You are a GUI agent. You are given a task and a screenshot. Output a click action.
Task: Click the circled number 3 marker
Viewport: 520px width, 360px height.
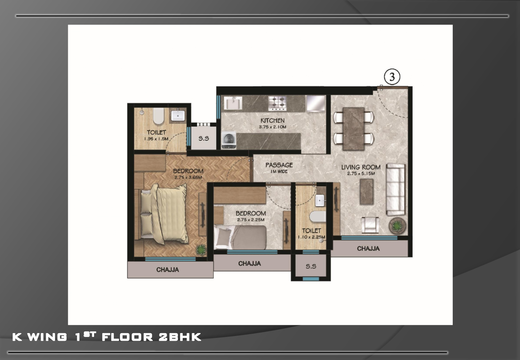coord(392,77)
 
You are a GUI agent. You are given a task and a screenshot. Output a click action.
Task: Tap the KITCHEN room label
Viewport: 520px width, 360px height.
coord(272,120)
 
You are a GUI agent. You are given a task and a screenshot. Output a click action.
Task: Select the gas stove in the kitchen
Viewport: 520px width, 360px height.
coord(277,103)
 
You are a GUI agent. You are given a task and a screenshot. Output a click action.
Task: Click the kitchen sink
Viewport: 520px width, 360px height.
coord(233,103)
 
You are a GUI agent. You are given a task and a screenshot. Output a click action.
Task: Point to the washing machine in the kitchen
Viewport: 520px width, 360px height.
coord(228,140)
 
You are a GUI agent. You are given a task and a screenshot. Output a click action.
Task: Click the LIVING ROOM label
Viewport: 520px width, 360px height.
coord(361,167)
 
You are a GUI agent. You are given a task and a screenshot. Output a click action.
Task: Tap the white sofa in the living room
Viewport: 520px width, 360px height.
coord(396,189)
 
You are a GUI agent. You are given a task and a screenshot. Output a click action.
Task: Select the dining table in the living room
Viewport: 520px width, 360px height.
coord(353,129)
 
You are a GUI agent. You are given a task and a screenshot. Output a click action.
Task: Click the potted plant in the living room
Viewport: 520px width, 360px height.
coord(398,225)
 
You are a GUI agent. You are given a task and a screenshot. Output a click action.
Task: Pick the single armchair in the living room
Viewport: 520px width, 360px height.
coord(370,225)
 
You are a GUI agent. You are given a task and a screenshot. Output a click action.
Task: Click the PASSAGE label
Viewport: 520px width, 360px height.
coord(279,165)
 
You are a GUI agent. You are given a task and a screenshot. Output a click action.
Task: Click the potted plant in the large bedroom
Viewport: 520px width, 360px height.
coord(201,250)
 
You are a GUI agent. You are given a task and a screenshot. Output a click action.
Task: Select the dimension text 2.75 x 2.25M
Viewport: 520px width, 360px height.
coord(251,220)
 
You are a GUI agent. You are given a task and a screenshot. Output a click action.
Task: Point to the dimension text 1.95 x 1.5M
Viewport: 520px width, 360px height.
coord(156,139)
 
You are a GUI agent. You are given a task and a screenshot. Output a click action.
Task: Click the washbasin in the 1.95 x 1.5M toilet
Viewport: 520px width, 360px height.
coord(178,115)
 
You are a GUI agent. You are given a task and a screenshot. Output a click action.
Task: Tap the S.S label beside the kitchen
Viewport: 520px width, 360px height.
coord(204,139)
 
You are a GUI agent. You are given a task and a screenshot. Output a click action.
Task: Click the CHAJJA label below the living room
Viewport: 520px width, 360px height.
coord(368,249)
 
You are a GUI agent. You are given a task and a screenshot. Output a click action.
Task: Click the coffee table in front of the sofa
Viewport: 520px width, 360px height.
coord(367,192)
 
